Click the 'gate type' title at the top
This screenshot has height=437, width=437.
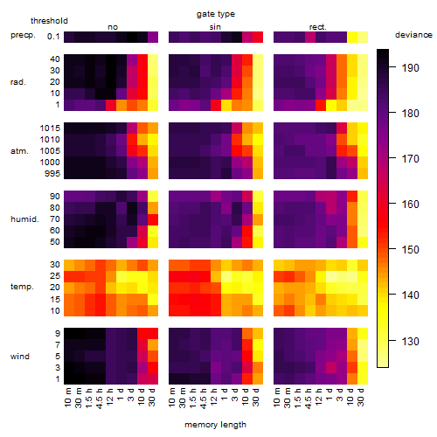pyautogui.click(x=216, y=14)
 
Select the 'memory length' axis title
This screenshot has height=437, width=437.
pyautogui.click(x=215, y=425)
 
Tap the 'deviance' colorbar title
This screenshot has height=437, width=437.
pyautogui.click(x=413, y=35)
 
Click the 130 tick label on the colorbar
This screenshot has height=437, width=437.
pyautogui.click(x=411, y=341)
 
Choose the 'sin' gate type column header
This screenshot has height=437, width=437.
pyautogui.click(x=215, y=27)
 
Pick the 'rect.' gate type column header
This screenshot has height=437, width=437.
pyautogui.click(x=318, y=27)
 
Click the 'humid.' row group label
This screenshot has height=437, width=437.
pyautogui.click(x=24, y=219)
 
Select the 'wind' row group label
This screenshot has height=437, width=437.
pyautogui.click(x=20, y=357)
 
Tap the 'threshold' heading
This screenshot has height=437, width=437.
pyautogui.click(x=49, y=21)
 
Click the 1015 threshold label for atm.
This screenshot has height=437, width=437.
pyautogui.click(x=50, y=128)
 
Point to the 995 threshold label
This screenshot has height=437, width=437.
pyautogui.click(x=52, y=174)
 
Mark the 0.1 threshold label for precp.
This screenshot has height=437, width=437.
pyautogui.click(x=53, y=37)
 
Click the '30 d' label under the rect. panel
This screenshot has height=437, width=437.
pyautogui.click(x=361, y=397)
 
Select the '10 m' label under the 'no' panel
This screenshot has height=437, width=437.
pyautogui.click(x=67, y=397)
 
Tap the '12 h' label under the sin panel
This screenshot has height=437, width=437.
pyautogui.click(x=214, y=397)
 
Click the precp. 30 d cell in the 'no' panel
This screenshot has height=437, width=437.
pyautogui.click(x=153, y=37)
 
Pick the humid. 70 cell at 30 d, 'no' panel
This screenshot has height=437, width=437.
pyautogui.click(x=153, y=219)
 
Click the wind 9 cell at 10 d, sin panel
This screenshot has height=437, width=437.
pyautogui.click(x=247, y=333)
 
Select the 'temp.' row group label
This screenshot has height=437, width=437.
pyautogui.click(x=22, y=287)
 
